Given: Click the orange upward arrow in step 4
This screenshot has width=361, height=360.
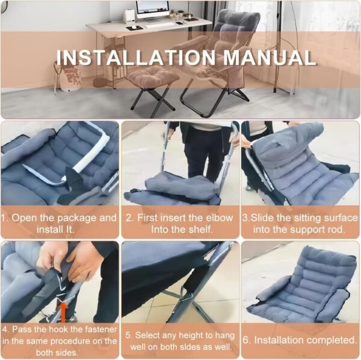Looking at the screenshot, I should coord(61,310).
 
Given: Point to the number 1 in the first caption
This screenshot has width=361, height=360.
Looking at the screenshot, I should coord(4,218).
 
